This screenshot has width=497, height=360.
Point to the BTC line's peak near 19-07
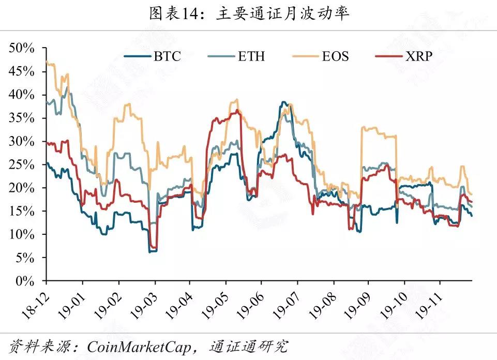pyautogui.click(x=283, y=102)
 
